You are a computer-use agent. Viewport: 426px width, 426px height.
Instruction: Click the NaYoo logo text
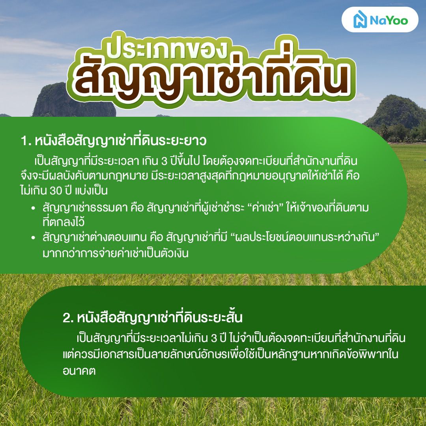[389, 20]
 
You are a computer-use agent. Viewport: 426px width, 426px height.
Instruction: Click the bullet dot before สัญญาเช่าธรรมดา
[34, 208]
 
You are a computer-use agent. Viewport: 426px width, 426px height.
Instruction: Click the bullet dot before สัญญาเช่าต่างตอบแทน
[34, 239]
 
